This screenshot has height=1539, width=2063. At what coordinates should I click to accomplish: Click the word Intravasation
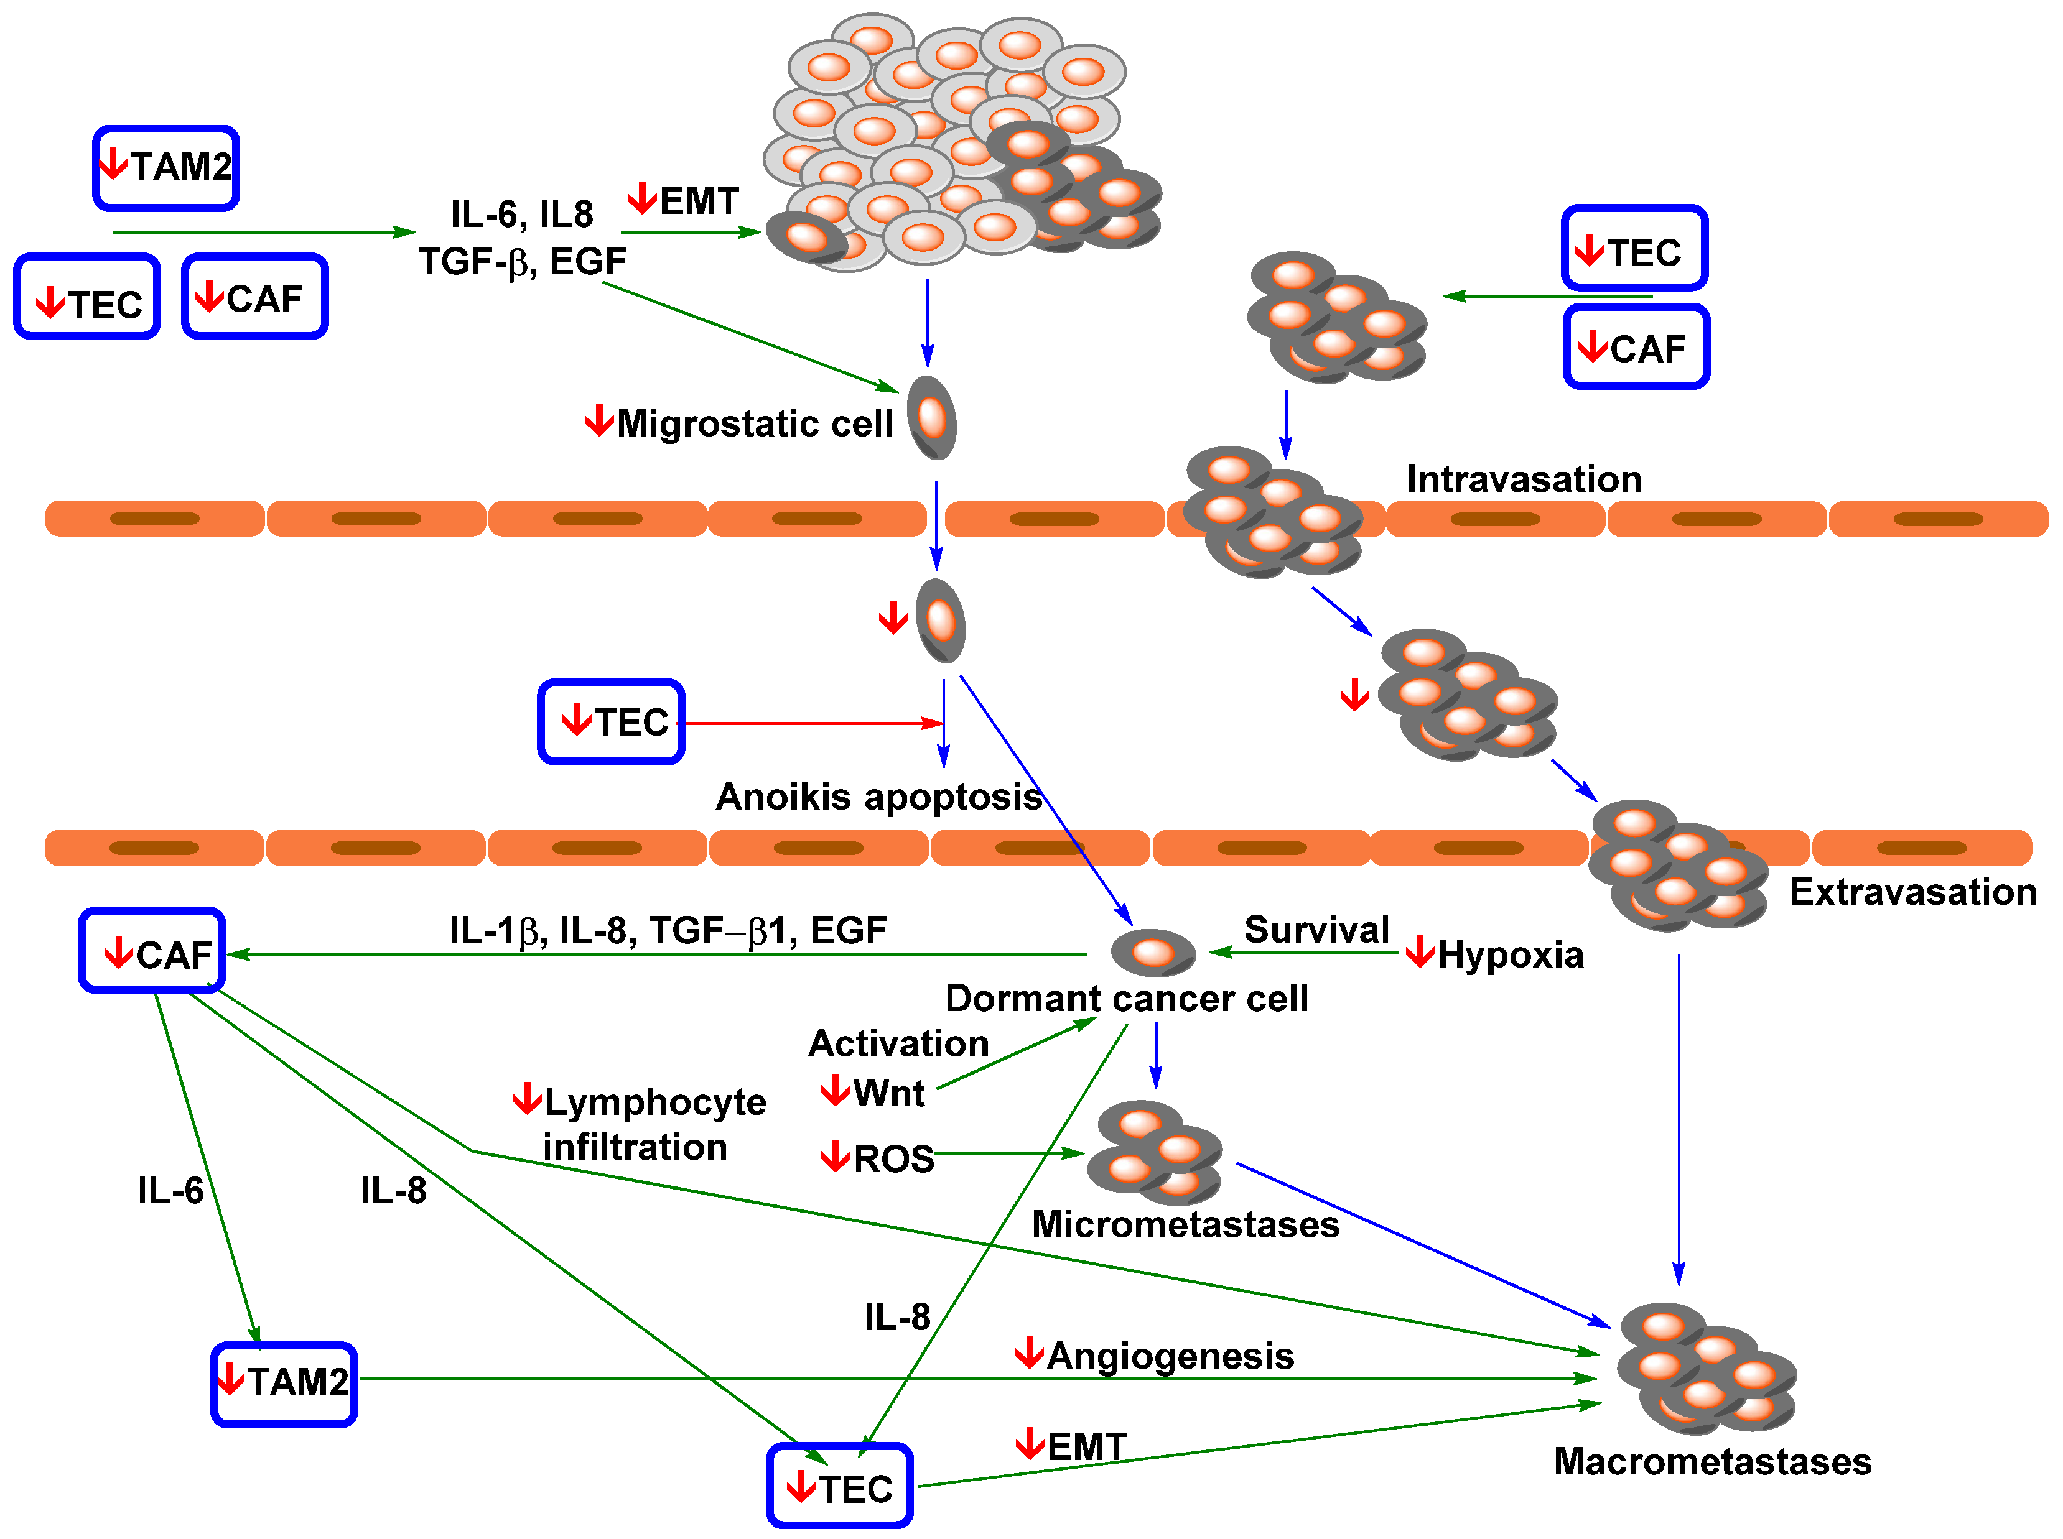[1524, 479]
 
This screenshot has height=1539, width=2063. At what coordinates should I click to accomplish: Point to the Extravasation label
[1912, 892]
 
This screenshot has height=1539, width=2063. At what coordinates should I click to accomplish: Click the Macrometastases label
[1711, 1461]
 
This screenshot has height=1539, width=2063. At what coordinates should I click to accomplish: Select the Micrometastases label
[1185, 1224]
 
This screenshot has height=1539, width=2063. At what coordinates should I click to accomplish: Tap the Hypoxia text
[1509, 955]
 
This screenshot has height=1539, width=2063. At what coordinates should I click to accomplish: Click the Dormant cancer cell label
[1125, 998]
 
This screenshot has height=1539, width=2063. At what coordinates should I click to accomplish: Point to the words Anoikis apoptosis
[878, 797]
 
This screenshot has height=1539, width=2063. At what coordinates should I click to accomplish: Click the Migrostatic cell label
[753, 424]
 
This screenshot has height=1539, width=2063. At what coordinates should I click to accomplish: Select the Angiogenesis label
[1170, 1356]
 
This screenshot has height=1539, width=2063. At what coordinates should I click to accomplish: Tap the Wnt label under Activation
[887, 1093]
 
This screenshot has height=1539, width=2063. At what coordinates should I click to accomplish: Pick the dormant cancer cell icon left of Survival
[1153, 951]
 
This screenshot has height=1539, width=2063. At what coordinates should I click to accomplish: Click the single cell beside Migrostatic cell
[932, 417]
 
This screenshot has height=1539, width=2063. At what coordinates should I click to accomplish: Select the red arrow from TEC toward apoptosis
[811, 723]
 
